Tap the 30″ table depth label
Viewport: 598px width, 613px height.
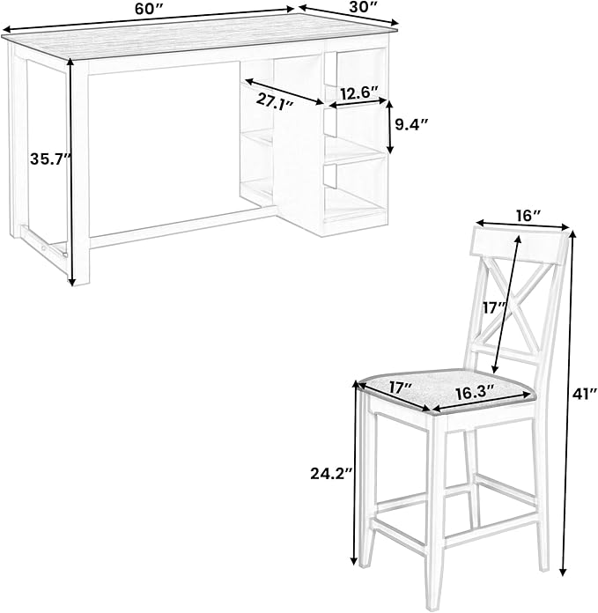click(363, 8)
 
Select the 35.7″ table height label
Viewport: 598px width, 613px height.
click(51, 159)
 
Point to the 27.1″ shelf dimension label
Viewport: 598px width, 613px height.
click(275, 102)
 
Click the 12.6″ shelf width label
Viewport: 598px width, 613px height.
click(358, 93)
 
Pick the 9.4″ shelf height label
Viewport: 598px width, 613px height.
click(411, 125)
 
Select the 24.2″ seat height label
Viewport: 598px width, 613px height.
click(331, 474)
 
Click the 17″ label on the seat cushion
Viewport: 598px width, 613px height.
click(400, 388)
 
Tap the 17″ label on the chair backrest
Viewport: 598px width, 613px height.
click(494, 307)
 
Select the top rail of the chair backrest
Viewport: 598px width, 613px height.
click(519, 247)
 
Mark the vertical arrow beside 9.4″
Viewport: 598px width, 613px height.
click(389, 127)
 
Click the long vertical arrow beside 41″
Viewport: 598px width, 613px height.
click(568, 403)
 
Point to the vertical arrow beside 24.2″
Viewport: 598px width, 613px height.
click(355, 472)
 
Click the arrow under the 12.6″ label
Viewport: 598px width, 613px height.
click(358, 103)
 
